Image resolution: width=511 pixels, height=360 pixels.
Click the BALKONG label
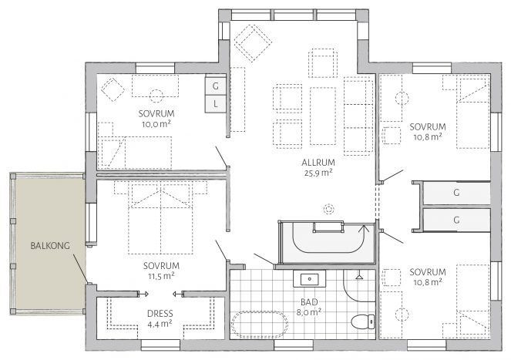[50, 246]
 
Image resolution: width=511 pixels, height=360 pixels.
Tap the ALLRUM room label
[318, 163]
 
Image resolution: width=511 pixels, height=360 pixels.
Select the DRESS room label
[160, 314]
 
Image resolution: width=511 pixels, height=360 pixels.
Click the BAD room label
[309, 302]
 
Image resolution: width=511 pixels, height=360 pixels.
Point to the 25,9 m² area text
[318, 173]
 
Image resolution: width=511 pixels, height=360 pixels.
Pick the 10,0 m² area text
[156, 124]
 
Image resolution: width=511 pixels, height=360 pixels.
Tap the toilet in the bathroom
[363, 321]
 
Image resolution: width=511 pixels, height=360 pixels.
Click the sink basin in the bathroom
[309, 279]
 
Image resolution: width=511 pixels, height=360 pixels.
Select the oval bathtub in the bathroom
[260, 325]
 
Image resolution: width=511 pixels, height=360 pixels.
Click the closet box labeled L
[215, 104]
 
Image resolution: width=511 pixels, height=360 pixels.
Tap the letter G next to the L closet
[215, 86]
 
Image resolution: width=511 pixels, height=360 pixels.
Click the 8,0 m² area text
[308, 312]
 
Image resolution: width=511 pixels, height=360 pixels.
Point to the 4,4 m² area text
[160, 324]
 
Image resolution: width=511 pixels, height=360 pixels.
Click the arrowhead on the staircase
[364, 227]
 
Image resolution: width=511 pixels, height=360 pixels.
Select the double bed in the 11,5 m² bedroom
[160, 218]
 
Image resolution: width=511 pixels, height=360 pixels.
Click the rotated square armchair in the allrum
[253, 43]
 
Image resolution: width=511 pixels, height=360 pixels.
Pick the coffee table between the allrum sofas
[323, 116]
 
